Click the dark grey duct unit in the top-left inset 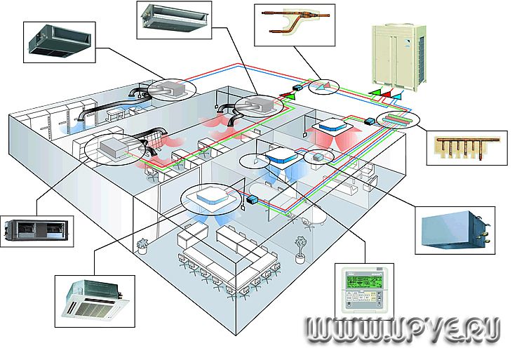(61, 40)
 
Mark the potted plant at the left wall (142, 245)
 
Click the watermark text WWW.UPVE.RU (401, 329)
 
